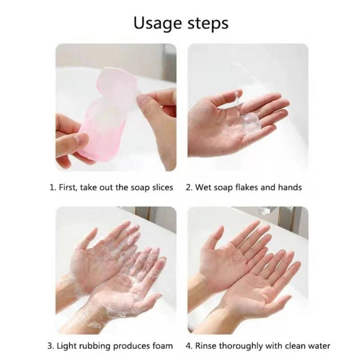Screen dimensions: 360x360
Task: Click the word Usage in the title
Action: pyautogui.click(x=158, y=24)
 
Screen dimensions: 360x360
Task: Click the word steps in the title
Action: pyautogui.click(x=208, y=24)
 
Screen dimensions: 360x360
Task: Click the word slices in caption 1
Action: pyautogui.click(x=163, y=187)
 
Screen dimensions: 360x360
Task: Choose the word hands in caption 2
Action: pyautogui.click(x=290, y=187)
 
